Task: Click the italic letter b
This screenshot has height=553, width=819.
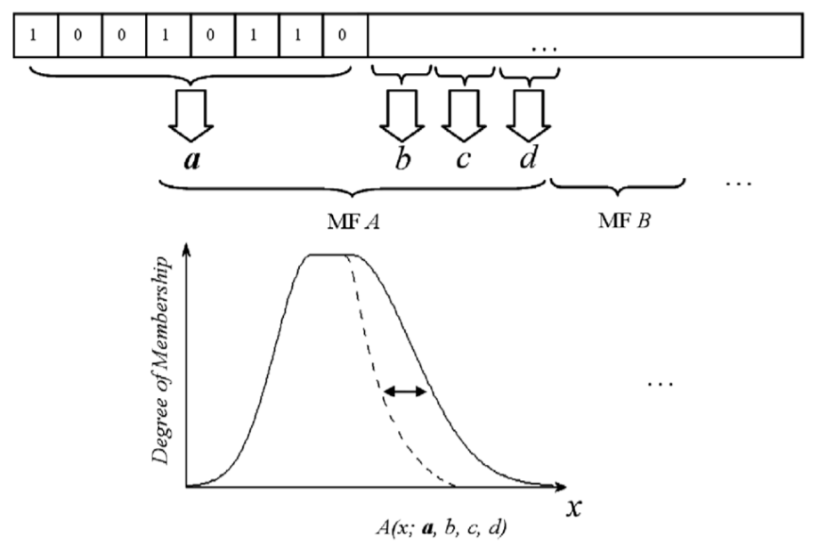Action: click(x=402, y=162)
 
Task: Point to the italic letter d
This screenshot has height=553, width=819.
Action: click(x=527, y=161)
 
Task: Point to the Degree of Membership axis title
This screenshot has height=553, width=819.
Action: click(x=162, y=355)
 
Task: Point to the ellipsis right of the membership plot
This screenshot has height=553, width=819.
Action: click(x=660, y=385)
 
